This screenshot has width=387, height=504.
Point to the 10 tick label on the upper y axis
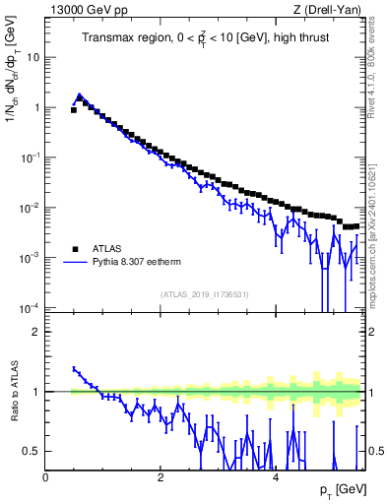32,57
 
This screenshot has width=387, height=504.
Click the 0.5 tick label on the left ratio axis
32,451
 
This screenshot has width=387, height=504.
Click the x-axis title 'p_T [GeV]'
340,490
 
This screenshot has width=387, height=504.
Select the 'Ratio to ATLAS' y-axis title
12,391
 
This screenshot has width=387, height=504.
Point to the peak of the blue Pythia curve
80,95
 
